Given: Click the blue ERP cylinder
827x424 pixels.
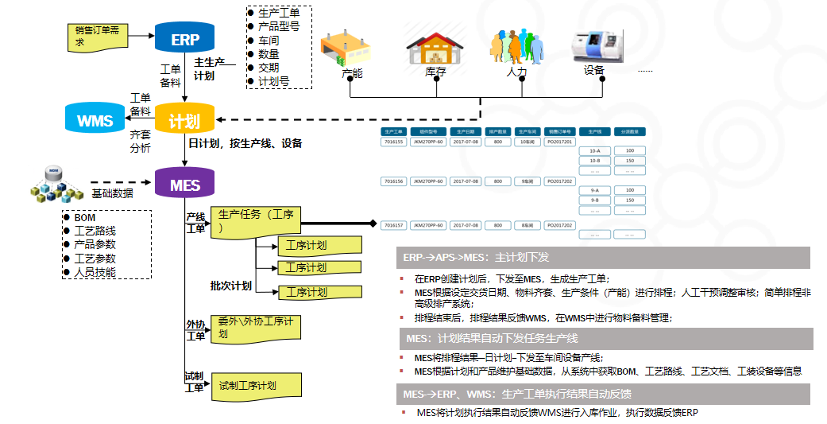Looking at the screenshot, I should click(185, 38).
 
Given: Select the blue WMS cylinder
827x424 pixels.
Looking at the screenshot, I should click(95, 120).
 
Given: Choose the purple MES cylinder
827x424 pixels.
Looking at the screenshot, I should click(184, 185).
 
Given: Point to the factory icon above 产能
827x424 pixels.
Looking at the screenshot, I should click(346, 49).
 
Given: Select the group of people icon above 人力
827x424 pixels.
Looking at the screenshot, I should click(516, 47).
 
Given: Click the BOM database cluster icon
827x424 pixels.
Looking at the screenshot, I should click(55, 184).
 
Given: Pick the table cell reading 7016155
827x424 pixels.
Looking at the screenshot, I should click(394, 142).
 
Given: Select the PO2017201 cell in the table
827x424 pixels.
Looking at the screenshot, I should click(560, 142).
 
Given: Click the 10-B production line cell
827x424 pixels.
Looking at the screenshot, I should click(594, 161).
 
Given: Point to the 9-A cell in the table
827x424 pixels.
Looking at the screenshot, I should click(594, 190).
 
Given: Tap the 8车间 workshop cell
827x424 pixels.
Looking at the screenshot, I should click(528, 225).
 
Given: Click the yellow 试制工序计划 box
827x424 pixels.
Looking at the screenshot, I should click(256, 385).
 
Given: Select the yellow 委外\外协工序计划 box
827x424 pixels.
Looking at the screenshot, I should click(256, 328).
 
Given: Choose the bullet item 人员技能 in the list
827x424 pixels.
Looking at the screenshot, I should click(95, 272).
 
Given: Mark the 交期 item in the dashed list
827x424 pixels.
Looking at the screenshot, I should click(269, 68).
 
